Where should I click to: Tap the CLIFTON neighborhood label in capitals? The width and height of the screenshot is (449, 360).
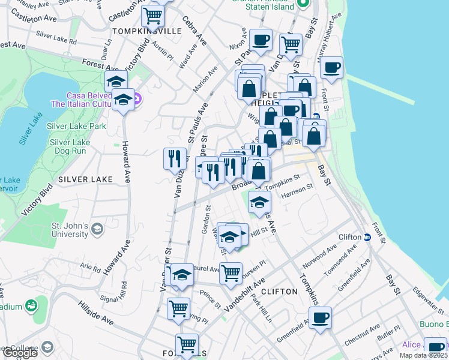click(x=280, y=291)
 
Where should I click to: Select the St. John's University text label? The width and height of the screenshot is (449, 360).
click(x=70, y=230)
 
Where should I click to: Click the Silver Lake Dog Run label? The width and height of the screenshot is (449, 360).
click(x=70, y=146)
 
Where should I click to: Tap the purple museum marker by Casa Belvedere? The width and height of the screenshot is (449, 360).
click(x=137, y=98)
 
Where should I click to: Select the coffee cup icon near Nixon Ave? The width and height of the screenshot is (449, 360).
click(x=261, y=40)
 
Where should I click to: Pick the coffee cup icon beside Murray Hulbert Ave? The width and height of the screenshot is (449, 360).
click(x=331, y=67)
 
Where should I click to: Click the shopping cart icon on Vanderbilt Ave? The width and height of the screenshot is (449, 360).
click(x=231, y=273)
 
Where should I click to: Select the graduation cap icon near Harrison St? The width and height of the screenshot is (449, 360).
click(x=259, y=202)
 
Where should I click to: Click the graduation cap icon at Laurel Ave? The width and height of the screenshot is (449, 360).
click(x=182, y=274)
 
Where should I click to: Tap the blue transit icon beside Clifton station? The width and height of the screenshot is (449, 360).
click(x=367, y=237)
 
